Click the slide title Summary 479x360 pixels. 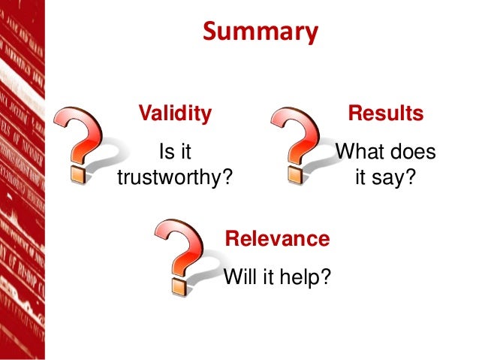261,33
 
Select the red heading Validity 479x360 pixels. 174,114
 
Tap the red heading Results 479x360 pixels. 385,114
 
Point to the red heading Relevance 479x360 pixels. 277,239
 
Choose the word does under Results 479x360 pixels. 414,153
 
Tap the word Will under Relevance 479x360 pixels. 239,277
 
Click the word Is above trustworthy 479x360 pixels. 163,153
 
